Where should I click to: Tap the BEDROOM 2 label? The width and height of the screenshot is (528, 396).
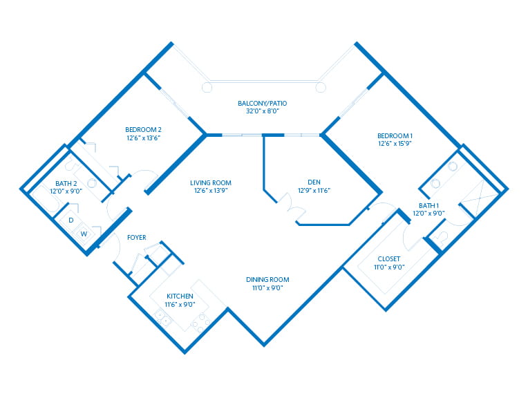143,129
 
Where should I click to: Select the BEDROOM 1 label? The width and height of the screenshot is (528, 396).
395,135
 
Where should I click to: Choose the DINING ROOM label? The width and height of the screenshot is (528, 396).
264,279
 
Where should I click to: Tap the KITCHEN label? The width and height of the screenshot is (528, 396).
180,296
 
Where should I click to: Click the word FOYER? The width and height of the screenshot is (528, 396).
136,238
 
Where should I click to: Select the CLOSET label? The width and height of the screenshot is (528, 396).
389,259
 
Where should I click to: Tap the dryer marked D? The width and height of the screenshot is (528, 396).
70,220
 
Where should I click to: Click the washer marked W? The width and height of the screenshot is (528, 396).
84,234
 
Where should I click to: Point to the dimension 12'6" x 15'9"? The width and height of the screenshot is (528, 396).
395,143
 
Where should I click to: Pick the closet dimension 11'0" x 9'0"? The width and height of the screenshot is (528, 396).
389,267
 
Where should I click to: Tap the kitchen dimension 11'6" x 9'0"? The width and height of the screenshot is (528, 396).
180,303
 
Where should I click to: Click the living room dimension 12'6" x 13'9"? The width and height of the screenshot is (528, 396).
211,191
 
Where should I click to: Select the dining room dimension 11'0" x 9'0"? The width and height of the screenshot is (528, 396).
264,287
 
